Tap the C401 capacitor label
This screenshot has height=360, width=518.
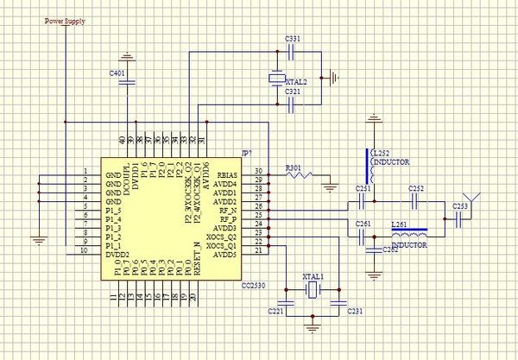pyautogui.click(x=117, y=73)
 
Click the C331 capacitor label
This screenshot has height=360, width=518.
pyautogui.click(x=292, y=40)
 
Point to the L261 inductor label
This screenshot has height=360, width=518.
pyautogui.click(x=399, y=224)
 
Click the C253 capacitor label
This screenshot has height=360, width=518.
pyautogui.click(x=461, y=206)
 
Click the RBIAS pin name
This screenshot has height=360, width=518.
pyautogui.click(x=227, y=175)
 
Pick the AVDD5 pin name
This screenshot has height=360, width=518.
pyautogui.click(x=224, y=255)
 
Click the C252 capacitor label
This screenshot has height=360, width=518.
pyautogui.click(x=416, y=188)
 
